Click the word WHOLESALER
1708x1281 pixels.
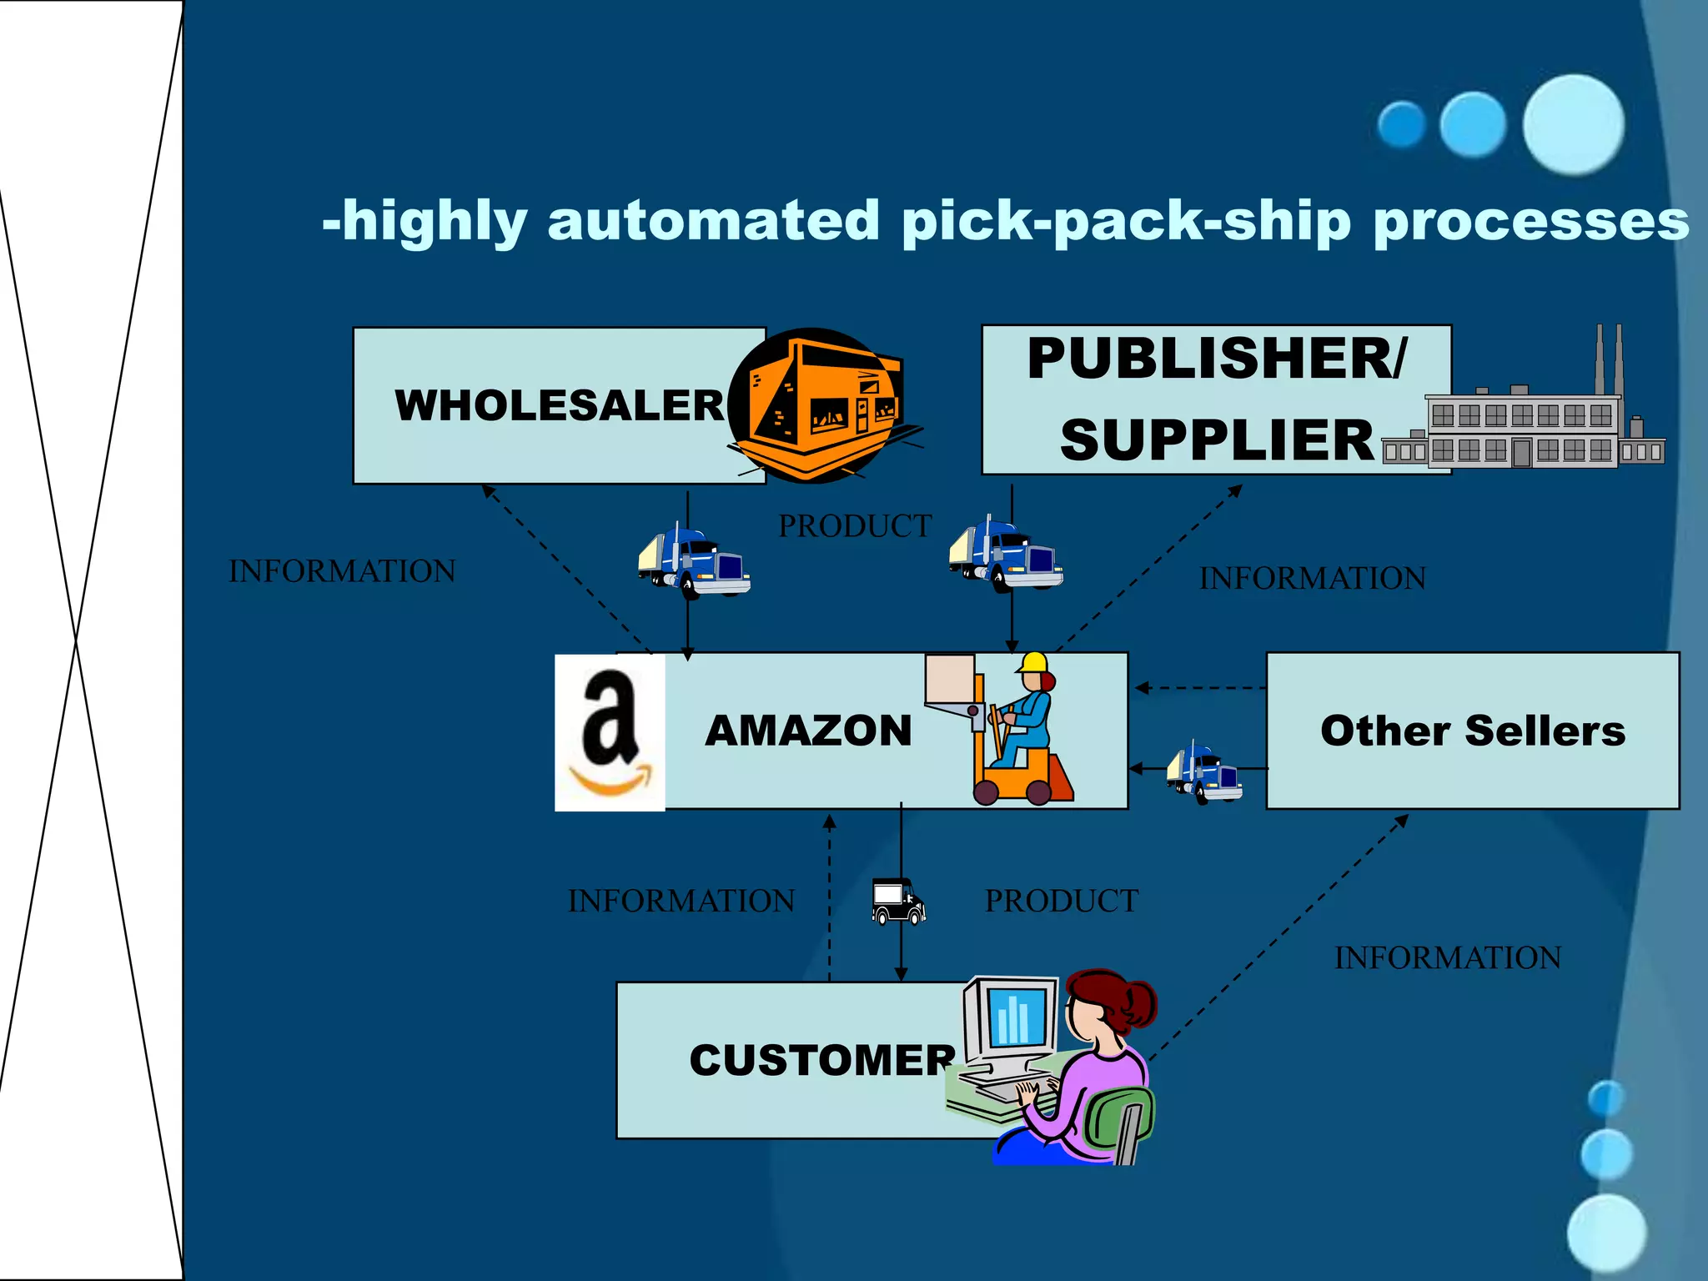click(560, 406)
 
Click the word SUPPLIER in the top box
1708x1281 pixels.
click(1217, 440)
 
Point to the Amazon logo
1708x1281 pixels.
click(610, 732)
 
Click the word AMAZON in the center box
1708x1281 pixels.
click(808, 731)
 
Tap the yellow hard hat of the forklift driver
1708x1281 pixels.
click(1032, 663)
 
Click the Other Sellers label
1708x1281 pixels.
click(1473, 731)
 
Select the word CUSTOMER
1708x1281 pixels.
click(822, 1060)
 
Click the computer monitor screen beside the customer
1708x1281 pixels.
click(1014, 1017)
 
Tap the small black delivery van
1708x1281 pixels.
click(897, 901)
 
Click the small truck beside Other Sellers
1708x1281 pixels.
click(1204, 771)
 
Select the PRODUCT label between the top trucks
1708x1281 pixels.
click(855, 526)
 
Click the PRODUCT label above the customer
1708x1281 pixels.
click(1061, 901)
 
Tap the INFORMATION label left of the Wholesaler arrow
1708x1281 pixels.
click(342, 571)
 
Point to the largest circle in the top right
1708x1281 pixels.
click(1573, 124)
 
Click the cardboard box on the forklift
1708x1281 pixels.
click(950, 677)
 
